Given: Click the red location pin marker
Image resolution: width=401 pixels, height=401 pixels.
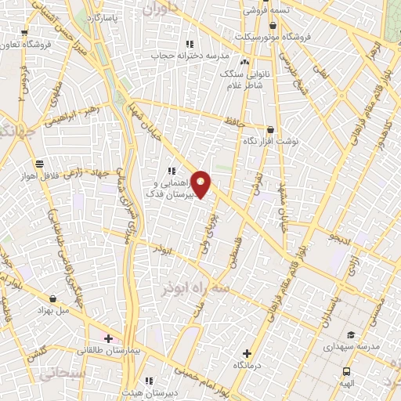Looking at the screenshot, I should [201, 183].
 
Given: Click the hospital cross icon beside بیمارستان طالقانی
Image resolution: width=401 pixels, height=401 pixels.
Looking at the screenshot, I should [107, 338].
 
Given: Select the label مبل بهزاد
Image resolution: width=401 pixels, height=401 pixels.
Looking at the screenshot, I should [52, 311].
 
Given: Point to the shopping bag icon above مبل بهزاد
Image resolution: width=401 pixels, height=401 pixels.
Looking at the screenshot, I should [52, 298].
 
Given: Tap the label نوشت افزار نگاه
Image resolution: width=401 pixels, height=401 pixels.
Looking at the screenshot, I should [270, 143].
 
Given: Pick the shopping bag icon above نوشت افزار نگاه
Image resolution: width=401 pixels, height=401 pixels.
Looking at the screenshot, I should [270, 130].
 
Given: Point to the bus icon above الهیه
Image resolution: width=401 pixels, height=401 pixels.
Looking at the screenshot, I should [346, 371].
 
